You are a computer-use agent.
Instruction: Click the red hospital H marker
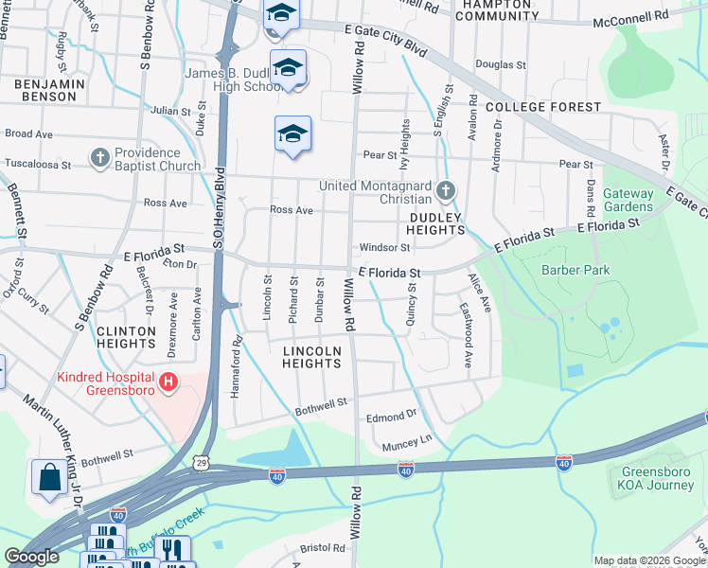(168, 382)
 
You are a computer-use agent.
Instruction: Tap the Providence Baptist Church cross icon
(100, 158)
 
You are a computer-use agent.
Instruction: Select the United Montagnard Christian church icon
(446, 192)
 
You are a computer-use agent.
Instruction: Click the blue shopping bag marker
(48, 479)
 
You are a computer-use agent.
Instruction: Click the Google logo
(31, 557)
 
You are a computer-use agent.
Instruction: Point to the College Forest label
(543, 107)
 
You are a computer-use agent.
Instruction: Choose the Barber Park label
(575, 270)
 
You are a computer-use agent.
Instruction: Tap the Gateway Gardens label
(628, 200)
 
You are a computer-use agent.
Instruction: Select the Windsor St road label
(384, 248)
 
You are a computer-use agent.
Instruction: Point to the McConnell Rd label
(630, 19)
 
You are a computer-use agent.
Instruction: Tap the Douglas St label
(500, 65)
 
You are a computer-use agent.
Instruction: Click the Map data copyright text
(649, 560)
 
